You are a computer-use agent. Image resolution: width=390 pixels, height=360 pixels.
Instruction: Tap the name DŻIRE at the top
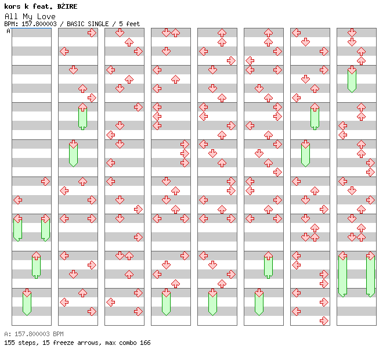coord(67,6)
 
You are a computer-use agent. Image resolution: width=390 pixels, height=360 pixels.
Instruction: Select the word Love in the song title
coord(46,17)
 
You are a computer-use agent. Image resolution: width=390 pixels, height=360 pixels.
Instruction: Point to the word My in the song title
coord(28,17)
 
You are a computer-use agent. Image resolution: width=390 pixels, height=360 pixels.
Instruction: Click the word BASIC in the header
coord(75,24)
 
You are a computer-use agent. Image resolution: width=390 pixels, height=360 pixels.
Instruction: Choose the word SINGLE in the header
coord(98,24)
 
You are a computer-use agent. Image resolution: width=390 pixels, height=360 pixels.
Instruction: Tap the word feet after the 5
coord(133,24)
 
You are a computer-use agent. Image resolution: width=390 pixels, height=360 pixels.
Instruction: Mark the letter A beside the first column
coord(9,31)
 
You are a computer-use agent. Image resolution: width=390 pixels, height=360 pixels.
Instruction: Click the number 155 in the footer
coord(9,343)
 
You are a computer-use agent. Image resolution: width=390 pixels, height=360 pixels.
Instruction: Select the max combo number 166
coord(145,343)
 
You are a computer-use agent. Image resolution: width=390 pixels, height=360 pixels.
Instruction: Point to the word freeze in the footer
coord(63,343)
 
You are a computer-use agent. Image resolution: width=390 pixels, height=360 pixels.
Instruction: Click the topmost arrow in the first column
coord(45,181)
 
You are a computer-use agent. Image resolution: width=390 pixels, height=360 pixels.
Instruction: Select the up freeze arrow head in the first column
coord(37,255)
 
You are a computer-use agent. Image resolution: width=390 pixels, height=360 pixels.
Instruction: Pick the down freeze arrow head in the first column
coord(27,293)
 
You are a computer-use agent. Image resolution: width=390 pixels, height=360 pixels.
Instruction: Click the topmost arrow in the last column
coord(352,33)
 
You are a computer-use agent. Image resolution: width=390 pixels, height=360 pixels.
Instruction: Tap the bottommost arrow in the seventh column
coord(324,321)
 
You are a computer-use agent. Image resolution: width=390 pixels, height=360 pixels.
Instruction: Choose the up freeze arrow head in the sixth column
coord(268,255)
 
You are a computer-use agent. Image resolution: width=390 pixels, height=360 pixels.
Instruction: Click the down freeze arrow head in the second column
coord(73,144)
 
